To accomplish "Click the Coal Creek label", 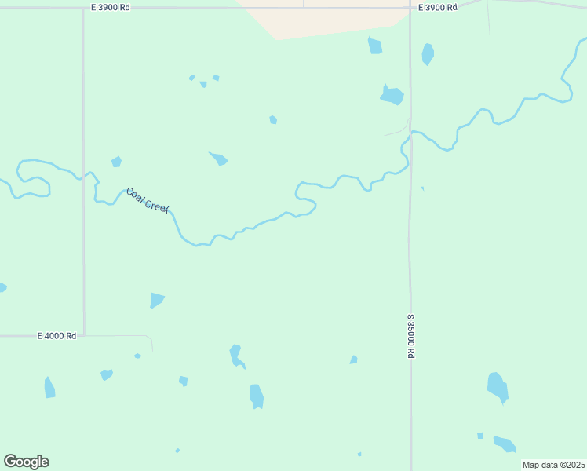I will coord(148,200).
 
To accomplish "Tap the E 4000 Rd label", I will coord(57,335).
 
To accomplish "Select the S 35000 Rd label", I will coord(410,336).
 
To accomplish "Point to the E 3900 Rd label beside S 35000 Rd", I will coord(437,7).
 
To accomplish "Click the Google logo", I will coord(26,462).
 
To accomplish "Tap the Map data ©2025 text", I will coord(554,465).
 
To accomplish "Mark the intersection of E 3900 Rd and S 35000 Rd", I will coord(410,9).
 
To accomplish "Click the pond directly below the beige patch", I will coord(375,46).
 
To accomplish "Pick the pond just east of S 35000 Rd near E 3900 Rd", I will coord(428,54).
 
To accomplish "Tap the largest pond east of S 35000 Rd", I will coord(498,387).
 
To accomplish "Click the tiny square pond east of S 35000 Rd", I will coord(480,436).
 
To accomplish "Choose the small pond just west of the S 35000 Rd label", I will coord(354,360).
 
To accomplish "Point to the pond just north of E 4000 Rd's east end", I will coord(157,300).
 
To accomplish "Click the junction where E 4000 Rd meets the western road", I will coord(84,336).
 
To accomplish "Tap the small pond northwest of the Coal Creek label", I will coord(116,162).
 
